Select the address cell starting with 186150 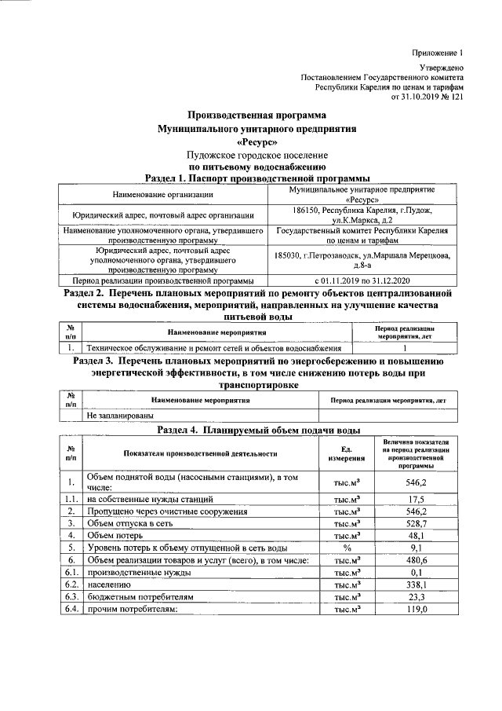[x=362, y=216]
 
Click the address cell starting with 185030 [x=362, y=258]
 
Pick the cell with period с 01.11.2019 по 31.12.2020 [x=362, y=280]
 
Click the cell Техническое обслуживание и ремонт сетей [x=213, y=346]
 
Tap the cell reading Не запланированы [x=120, y=414]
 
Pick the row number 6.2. [x=71, y=585]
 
